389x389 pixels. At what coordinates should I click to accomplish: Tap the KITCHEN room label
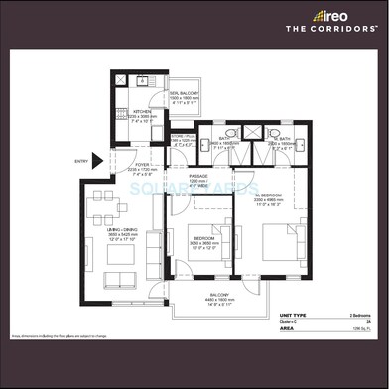[x=143, y=112]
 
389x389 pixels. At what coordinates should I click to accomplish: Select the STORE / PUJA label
[x=181, y=138]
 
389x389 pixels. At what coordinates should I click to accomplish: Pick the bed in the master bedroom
[x=269, y=238]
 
